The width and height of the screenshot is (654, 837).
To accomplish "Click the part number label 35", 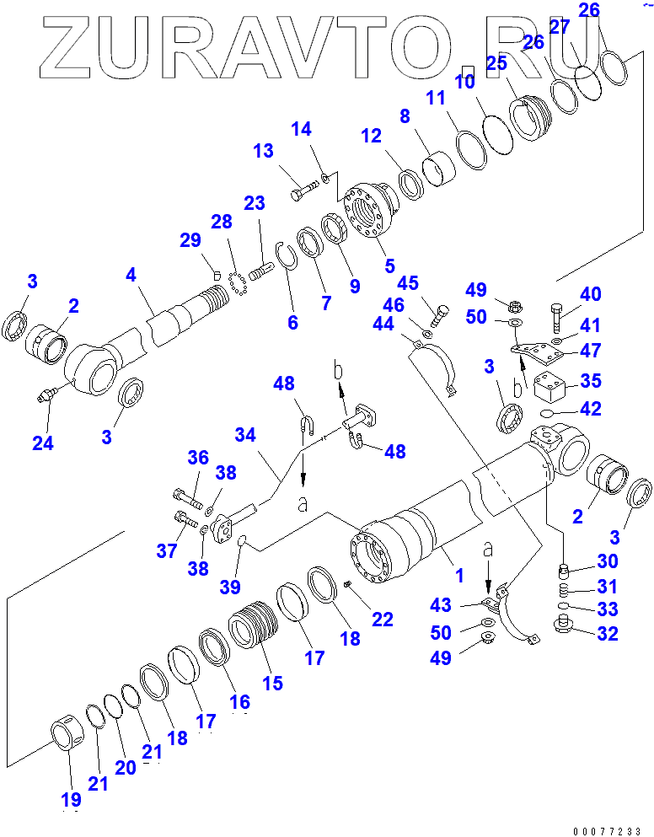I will tap(591, 381).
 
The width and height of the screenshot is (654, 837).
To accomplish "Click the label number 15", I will tap(272, 681).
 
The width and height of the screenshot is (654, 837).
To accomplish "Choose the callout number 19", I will tap(70, 799).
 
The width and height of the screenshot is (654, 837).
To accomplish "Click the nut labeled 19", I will tap(67, 732).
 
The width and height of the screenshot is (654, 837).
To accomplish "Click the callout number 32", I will tap(607, 633).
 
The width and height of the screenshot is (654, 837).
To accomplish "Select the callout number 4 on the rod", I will tap(131, 276).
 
